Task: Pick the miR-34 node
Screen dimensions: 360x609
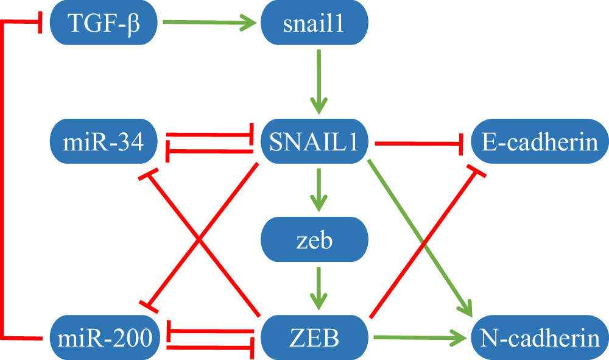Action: tap(103, 142)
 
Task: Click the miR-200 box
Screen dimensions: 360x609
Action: tap(103, 337)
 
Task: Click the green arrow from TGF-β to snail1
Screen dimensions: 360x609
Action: tap(207, 24)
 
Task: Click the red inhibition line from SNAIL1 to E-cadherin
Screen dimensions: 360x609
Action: tap(420, 143)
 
